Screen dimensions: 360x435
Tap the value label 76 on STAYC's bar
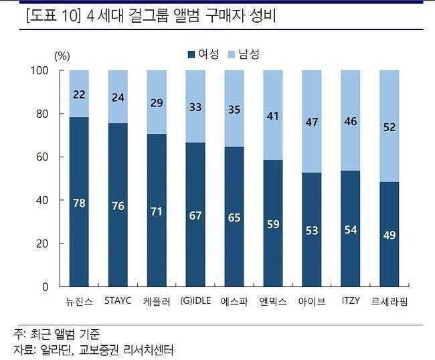click(x=118, y=206)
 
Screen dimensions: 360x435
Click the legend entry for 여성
click(x=203, y=54)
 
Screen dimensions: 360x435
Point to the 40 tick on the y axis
click(x=43, y=200)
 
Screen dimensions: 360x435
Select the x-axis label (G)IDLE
click(x=195, y=300)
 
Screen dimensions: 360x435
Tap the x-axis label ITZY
click(x=350, y=300)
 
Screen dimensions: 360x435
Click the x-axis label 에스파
click(x=234, y=301)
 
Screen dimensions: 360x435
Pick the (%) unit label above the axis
click(x=62, y=57)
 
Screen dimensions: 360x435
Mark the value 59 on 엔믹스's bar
click(x=272, y=224)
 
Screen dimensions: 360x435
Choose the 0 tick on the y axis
click(x=46, y=286)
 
